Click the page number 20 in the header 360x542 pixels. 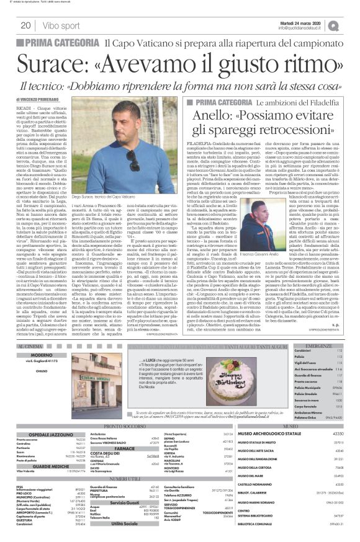click(26, 25)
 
